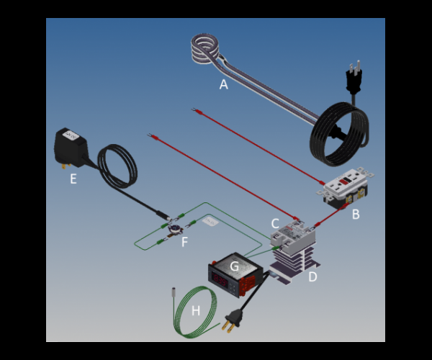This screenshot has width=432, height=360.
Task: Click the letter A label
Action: tap(224, 84)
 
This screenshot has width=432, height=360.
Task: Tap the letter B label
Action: tap(356, 214)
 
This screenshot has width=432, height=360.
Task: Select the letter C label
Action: tap(275, 224)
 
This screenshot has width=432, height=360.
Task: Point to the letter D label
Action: tap(312, 276)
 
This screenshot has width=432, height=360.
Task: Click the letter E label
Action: tap(73, 179)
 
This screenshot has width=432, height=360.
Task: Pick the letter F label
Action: tap(184, 242)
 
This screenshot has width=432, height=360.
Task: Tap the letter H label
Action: tap(196, 311)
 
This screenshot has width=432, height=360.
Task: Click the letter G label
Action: tap(234, 266)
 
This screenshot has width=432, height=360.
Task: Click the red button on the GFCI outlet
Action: tap(344, 181)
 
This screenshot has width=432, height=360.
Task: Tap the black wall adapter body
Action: tap(71, 148)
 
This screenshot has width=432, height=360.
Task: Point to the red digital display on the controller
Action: tap(220, 282)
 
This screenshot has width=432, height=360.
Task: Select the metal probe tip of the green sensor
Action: tap(174, 292)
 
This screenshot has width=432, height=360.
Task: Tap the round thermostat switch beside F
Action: tap(174, 230)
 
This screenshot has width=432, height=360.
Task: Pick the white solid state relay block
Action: tap(292, 236)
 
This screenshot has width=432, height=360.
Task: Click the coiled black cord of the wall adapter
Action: tap(117, 166)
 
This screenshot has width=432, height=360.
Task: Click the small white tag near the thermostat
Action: tap(210, 221)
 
